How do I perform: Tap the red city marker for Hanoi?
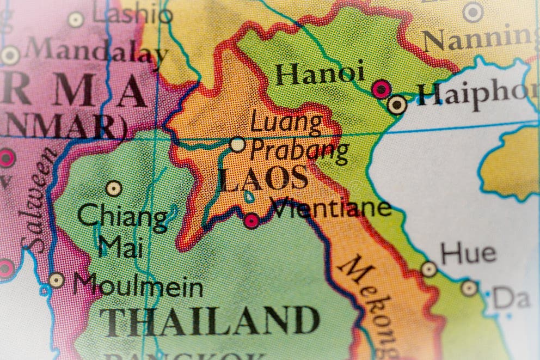coord(381,89)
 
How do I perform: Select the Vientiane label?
coord(332,208)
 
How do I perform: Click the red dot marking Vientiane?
coord(251,221)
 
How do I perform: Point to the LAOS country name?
coord(264,179)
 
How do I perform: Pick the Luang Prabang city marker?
coord(237,144)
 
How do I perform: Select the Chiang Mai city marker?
coord(113,188)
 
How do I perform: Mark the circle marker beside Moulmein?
coord(56,280)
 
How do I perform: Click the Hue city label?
coord(468,254)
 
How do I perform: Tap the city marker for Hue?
coord(429,269)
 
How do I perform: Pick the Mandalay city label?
coord(96,52)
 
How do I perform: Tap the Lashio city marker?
coord(76,20)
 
